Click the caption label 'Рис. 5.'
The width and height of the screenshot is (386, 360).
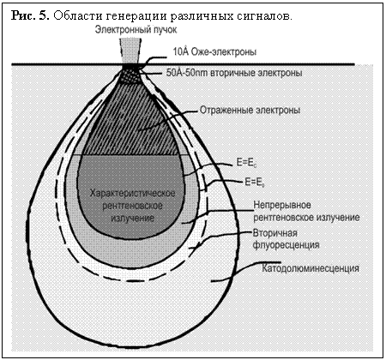coord(30,15)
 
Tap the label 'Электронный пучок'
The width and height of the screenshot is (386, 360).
coord(136,30)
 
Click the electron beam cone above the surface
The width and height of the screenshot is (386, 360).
coord(130,51)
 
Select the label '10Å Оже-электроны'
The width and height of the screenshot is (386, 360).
coord(214,51)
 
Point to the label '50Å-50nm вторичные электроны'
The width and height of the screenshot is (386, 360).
coord(234,73)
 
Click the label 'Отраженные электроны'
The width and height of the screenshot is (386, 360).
coord(250,111)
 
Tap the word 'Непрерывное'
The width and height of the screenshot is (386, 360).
coord(282,205)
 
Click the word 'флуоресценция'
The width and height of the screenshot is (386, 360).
coord(286,245)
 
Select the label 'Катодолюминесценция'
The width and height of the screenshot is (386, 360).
coord(311,268)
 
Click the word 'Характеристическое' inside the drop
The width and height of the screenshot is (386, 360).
coord(132,193)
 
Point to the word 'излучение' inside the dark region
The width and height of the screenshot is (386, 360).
coord(132,219)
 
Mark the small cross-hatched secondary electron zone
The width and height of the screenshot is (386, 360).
coord(130,75)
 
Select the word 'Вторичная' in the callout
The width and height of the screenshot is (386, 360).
coord(275,233)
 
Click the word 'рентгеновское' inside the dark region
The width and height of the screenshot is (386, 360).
coord(132,206)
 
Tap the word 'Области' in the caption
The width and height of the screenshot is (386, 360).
coord(78,15)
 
